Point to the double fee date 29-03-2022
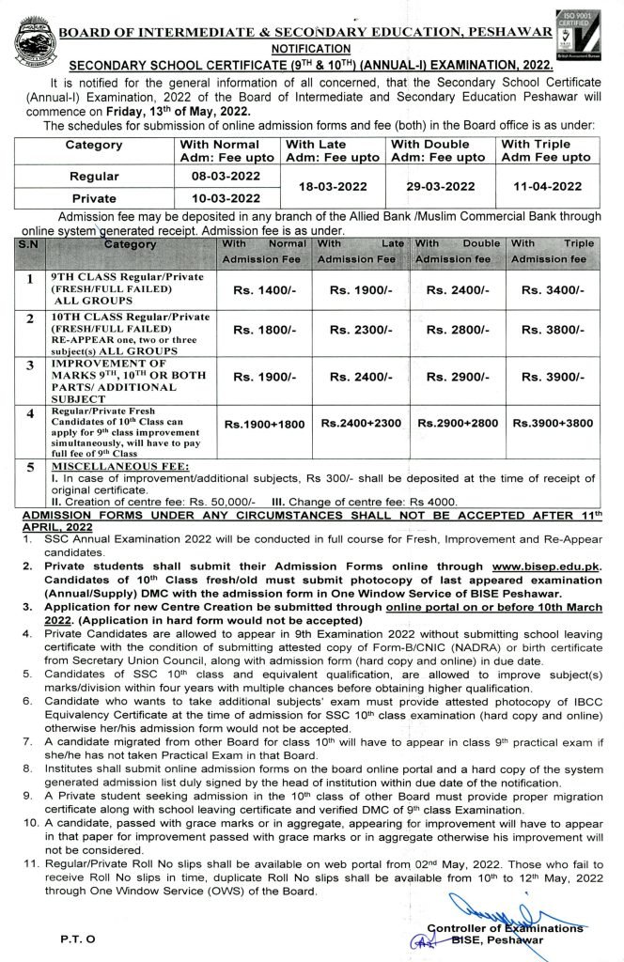(438, 186)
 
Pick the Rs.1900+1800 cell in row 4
(264, 425)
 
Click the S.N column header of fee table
(29, 243)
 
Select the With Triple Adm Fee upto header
(548, 150)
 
